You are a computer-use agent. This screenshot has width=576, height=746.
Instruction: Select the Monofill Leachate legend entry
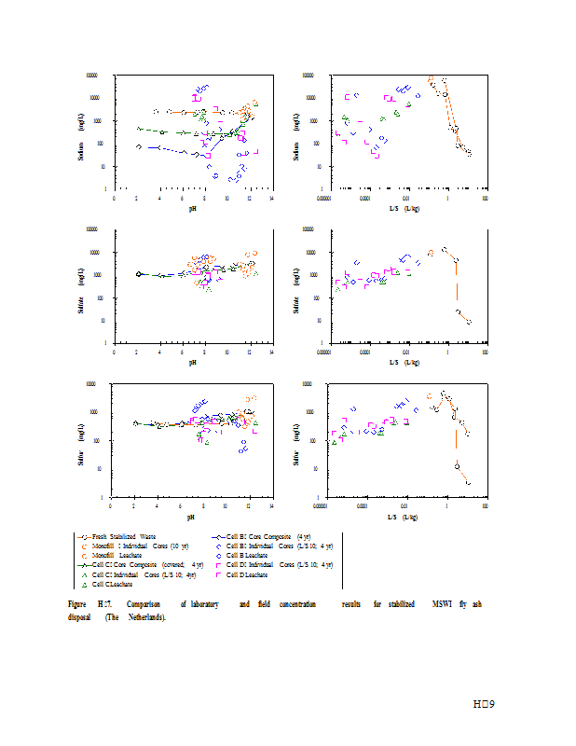[x=117, y=554]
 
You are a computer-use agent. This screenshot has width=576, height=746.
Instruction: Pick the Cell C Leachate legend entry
[x=110, y=585]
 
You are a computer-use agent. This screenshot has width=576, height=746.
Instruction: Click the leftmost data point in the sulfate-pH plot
[x=139, y=274]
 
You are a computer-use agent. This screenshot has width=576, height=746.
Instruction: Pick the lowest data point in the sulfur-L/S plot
[x=468, y=483]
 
